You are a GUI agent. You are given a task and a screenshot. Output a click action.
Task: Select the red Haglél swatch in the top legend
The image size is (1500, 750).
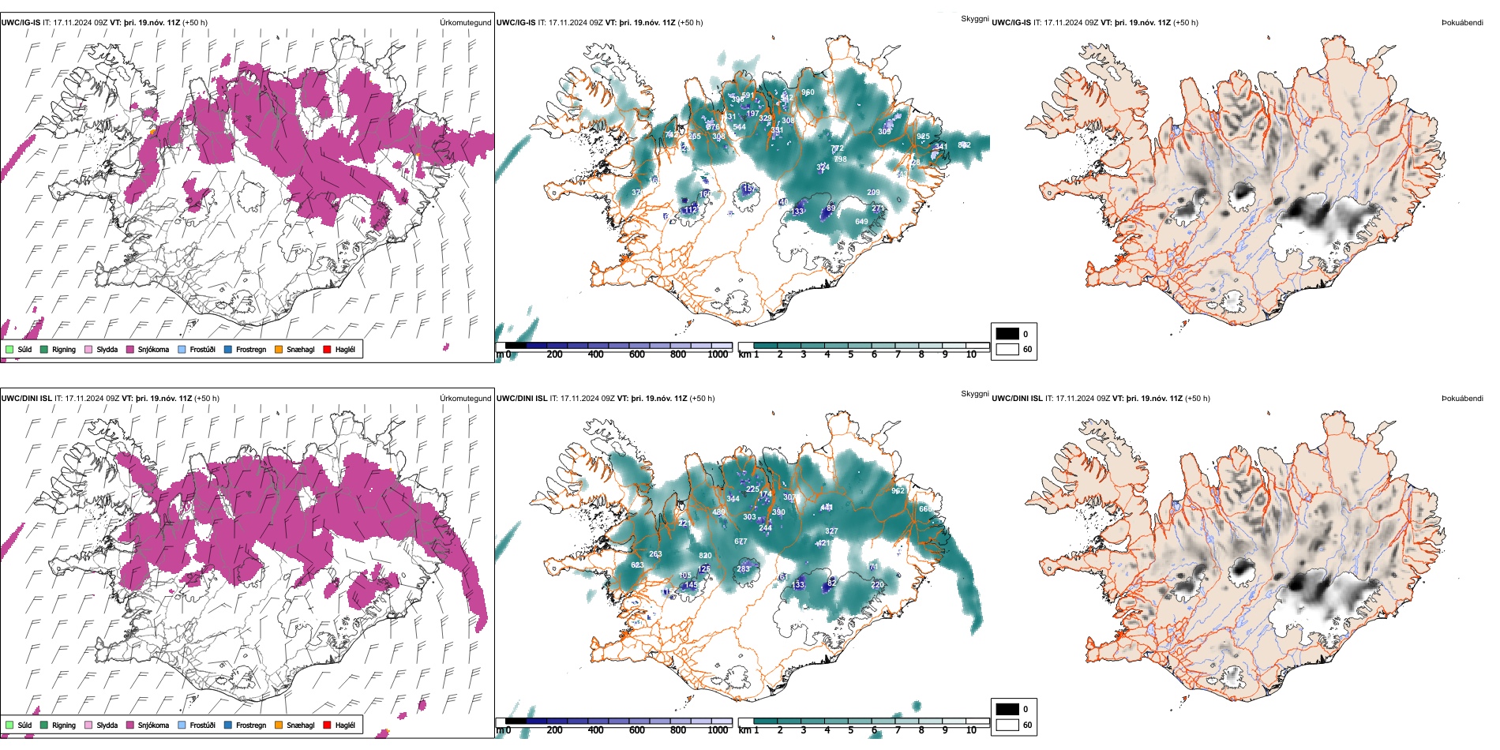[x=327, y=350]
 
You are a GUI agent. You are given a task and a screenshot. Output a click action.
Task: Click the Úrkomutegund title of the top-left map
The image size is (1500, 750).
[x=465, y=23]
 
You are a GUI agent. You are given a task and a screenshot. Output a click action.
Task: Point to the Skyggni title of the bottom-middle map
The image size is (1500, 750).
[x=974, y=394]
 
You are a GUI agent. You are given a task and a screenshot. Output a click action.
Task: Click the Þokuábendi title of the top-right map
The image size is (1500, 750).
[x=1462, y=23]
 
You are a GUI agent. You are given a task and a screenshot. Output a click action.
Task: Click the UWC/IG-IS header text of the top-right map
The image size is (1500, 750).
[x=1011, y=23]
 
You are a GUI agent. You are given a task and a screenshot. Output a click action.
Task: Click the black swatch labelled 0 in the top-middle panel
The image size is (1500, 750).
[x=1007, y=334]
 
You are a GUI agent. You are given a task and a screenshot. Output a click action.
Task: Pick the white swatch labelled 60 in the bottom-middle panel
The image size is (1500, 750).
[x=1007, y=725]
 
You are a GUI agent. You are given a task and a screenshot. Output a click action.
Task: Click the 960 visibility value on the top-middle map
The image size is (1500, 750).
[x=808, y=93]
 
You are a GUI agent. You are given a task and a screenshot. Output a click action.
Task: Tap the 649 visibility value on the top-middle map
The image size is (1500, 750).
[x=861, y=222]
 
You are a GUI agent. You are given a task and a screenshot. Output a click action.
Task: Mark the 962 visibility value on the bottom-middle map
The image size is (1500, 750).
[x=898, y=491]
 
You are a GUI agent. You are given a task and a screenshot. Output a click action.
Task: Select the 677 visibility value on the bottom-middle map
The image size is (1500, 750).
[x=741, y=542]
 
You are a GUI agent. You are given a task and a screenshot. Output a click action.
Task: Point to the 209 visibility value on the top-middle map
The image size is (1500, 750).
[x=873, y=193]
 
